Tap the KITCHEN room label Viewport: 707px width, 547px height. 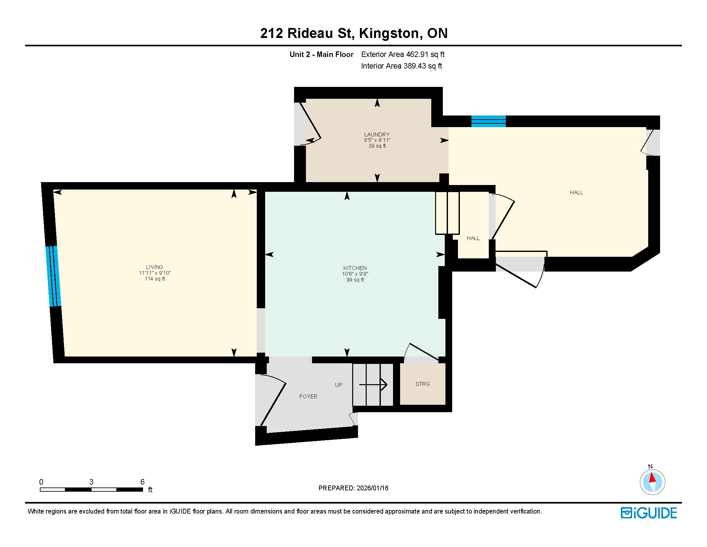(x=355, y=268)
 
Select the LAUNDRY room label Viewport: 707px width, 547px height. (x=377, y=134)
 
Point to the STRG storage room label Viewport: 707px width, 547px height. (x=423, y=384)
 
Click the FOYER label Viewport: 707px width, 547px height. (x=308, y=396)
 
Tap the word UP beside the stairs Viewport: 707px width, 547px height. (x=339, y=385)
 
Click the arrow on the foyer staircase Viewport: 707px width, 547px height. (x=373, y=385)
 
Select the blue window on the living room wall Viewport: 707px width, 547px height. (x=53, y=276)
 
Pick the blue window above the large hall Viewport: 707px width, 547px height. (x=488, y=121)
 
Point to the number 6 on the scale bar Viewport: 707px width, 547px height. (x=142, y=482)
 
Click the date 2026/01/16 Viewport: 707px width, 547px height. (x=372, y=488)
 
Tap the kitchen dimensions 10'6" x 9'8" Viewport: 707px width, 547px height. (x=355, y=274)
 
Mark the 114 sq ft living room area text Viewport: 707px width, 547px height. (x=155, y=279)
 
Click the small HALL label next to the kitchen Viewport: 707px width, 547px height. (x=473, y=238)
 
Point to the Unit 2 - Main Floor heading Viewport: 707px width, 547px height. (x=321, y=54)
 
